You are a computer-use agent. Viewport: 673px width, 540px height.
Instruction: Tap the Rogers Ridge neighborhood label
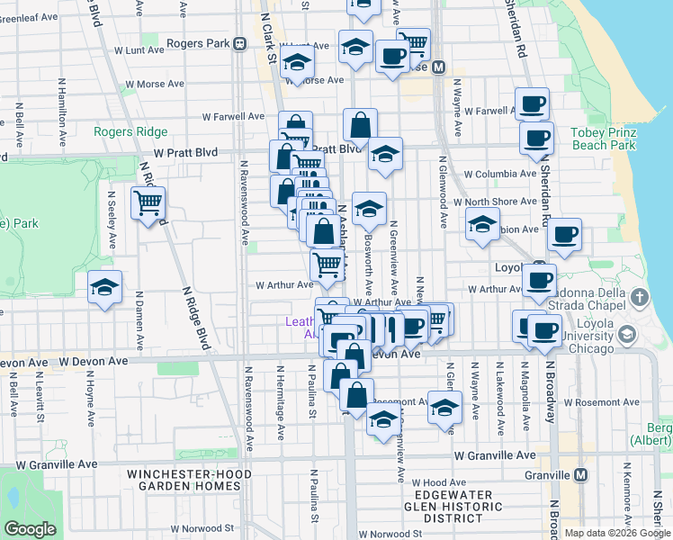coord(131,131)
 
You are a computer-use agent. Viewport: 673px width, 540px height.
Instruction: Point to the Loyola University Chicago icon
coord(627,335)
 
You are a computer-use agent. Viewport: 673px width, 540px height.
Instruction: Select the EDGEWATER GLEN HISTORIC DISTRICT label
coord(460,507)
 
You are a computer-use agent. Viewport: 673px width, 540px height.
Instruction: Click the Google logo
coord(30,529)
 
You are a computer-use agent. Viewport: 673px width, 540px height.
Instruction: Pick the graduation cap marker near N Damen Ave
coord(105,288)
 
